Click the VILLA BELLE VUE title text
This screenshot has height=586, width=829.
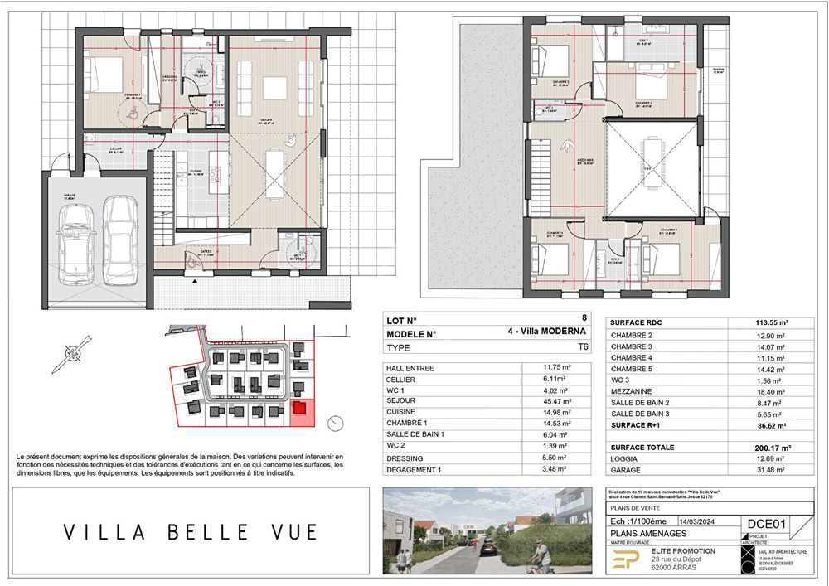[190, 530]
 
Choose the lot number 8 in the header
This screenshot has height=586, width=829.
[584, 318]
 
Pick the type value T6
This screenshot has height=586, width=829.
[583, 350]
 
